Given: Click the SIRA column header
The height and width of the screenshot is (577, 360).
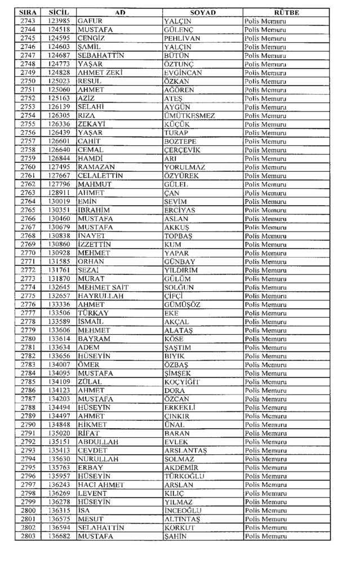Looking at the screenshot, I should coord(28,12).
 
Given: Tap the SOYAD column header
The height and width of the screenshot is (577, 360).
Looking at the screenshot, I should coord(202,12).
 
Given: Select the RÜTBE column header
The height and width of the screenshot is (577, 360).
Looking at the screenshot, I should coord(286,12).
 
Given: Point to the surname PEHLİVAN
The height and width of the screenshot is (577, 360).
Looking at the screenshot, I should coord(183,38).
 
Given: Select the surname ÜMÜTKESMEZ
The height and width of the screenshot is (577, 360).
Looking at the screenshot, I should coord(189,116).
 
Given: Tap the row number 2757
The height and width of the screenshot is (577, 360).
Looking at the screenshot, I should coord(28,141).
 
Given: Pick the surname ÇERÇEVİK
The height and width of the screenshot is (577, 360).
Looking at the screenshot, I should coord(182,150).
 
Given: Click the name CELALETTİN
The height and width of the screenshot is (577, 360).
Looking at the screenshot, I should coord(100,176).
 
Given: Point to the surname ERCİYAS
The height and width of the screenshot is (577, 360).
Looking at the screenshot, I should coord(180,210).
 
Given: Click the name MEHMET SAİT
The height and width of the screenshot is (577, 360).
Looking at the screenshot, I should coord(103,287).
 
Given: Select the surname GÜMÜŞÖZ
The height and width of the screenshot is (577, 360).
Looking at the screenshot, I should coord(182,305).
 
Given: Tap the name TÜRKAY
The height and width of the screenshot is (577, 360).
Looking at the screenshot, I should coord(94,313).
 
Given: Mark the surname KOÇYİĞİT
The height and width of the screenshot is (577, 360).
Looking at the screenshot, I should coord(182,382).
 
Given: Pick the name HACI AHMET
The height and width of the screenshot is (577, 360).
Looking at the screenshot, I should coord(101,485).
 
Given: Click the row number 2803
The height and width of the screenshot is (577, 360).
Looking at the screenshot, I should coord(28,536).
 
